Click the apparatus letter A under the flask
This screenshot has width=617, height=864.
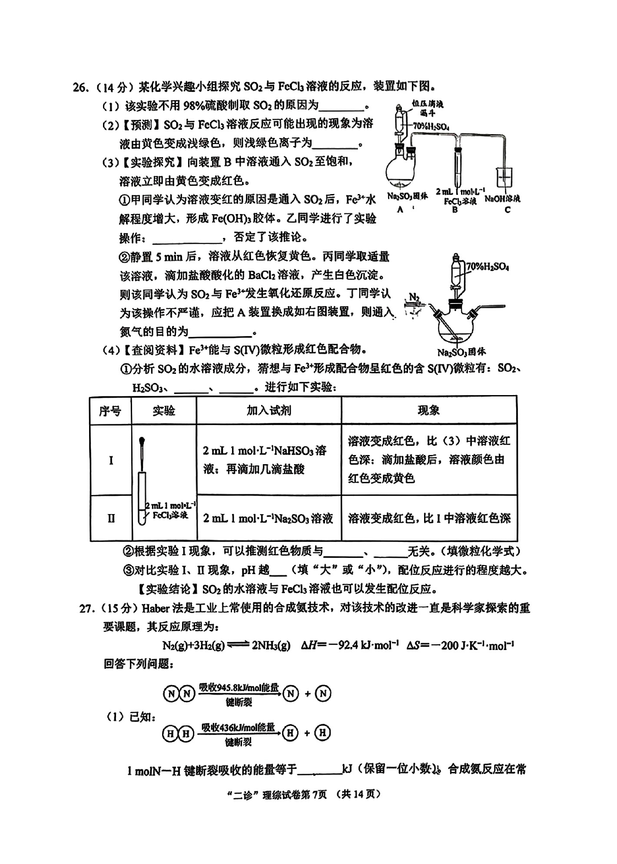click(400, 209)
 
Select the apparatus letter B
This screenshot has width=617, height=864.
click(455, 210)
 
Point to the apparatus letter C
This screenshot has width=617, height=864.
click(508, 210)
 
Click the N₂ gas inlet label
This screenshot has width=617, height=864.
click(415, 297)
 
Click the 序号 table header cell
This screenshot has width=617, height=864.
click(110, 410)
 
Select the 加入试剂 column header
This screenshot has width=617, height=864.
click(269, 410)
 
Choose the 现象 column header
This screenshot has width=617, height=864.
click(429, 410)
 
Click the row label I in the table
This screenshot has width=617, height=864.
click(111, 460)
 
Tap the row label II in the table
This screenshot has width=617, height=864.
click(111, 518)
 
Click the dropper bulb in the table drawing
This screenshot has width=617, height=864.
click(142, 441)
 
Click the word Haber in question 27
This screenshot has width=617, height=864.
click(155, 608)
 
